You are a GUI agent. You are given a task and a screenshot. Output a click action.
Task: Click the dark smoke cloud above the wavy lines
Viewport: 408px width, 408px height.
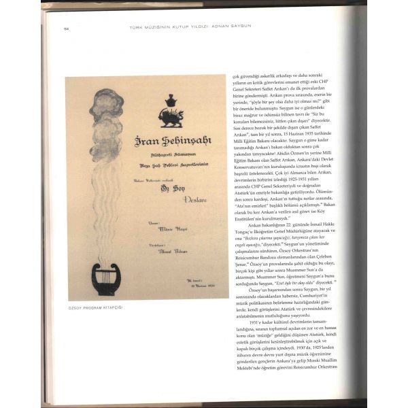click(x=109, y=106)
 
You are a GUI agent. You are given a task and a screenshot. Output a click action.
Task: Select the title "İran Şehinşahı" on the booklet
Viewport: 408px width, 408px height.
click(x=169, y=141)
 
